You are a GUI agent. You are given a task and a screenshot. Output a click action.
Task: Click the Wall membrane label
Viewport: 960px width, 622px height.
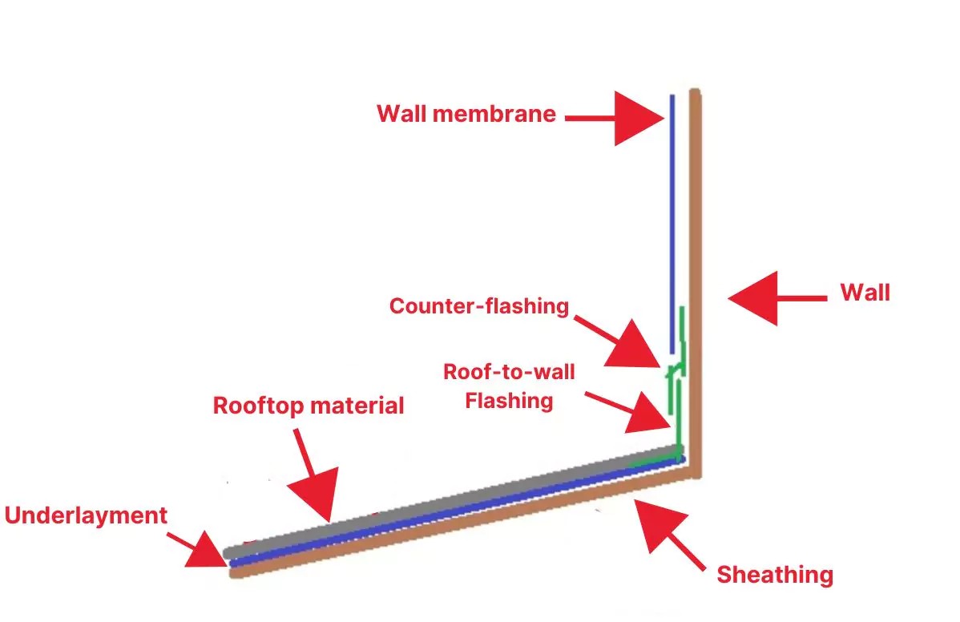(x=466, y=114)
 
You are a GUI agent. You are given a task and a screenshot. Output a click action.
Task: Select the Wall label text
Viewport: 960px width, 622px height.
(x=865, y=292)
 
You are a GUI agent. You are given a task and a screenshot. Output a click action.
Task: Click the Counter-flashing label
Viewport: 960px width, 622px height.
(x=478, y=305)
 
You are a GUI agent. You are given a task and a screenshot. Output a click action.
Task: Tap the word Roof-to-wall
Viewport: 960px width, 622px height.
(x=510, y=372)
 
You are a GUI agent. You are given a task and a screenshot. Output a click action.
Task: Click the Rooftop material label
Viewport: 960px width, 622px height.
(x=309, y=406)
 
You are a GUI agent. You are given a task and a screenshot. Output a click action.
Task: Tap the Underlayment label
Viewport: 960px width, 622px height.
(x=87, y=515)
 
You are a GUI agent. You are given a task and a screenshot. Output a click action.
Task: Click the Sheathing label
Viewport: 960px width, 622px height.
(x=775, y=574)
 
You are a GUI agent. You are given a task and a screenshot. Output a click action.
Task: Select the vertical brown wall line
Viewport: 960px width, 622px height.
(x=696, y=240)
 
